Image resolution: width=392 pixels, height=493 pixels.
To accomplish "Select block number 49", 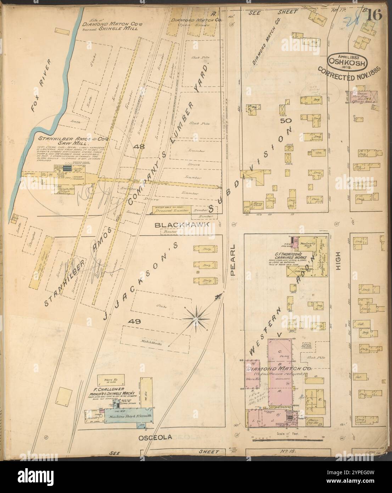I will pos(136,322).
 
